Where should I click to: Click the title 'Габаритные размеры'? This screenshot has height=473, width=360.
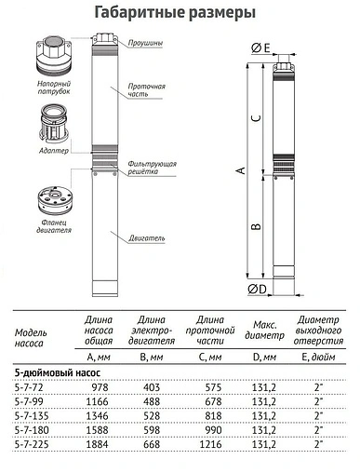[180, 13]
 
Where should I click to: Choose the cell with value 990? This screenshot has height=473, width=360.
[210, 431]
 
